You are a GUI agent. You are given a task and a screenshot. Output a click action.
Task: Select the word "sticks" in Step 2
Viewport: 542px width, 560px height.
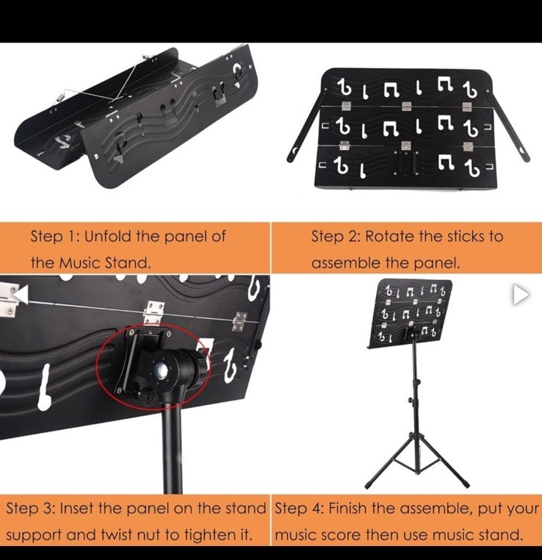click(463, 237)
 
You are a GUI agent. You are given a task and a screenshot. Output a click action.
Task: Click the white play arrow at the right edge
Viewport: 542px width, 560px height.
click(520, 295)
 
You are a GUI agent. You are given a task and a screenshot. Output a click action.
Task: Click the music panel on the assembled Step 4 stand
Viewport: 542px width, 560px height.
click(413, 309)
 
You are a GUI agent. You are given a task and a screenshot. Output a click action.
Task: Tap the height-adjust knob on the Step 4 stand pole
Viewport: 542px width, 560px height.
click(409, 400)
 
